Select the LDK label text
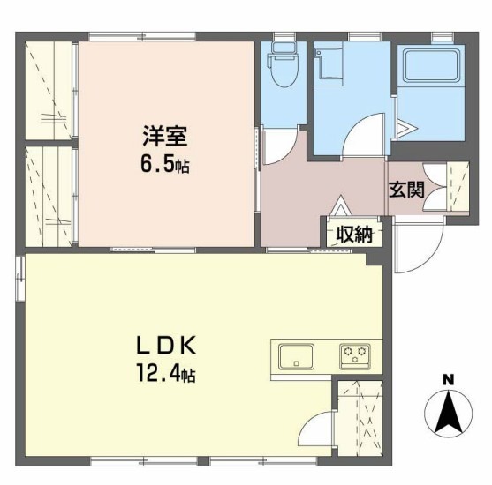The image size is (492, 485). click(165, 346)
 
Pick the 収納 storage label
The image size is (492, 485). click(354, 234)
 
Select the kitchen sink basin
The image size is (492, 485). click(297, 357)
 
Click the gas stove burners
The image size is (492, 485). click(355, 357)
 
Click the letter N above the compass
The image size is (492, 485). click(448, 380)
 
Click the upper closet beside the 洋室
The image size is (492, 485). click(51, 88)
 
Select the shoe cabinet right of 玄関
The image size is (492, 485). click(458, 187)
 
